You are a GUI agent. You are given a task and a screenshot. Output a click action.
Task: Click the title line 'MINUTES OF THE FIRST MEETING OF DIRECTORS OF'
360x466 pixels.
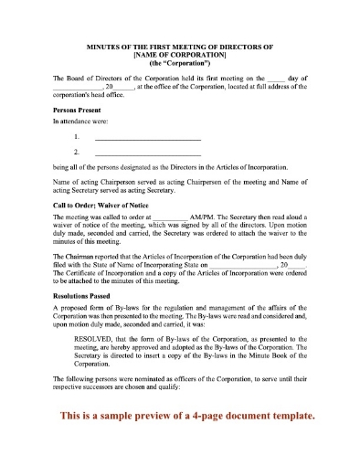pos(179,45)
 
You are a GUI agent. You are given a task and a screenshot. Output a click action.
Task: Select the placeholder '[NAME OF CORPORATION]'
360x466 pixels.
pos(179,54)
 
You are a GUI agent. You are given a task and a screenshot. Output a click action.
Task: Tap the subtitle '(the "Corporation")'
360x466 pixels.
pos(179,63)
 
